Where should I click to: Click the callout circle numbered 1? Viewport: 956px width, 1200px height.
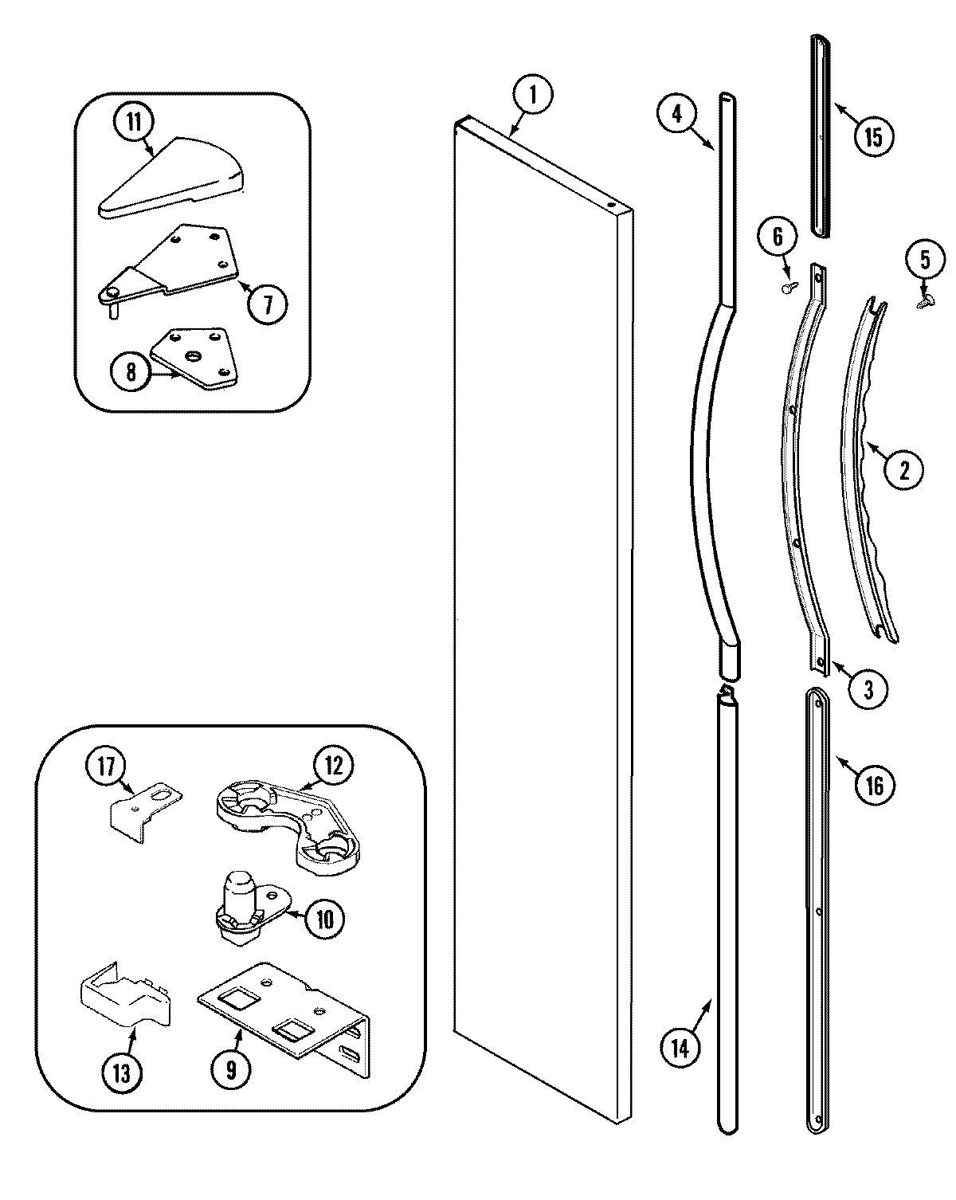click(x=533, y=95)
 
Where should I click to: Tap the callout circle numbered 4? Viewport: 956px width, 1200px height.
click(x=676, y=113)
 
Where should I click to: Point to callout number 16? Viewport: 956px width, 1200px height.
click(x=874, y=785)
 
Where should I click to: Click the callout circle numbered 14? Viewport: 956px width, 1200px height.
click(x=679, y=1049)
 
